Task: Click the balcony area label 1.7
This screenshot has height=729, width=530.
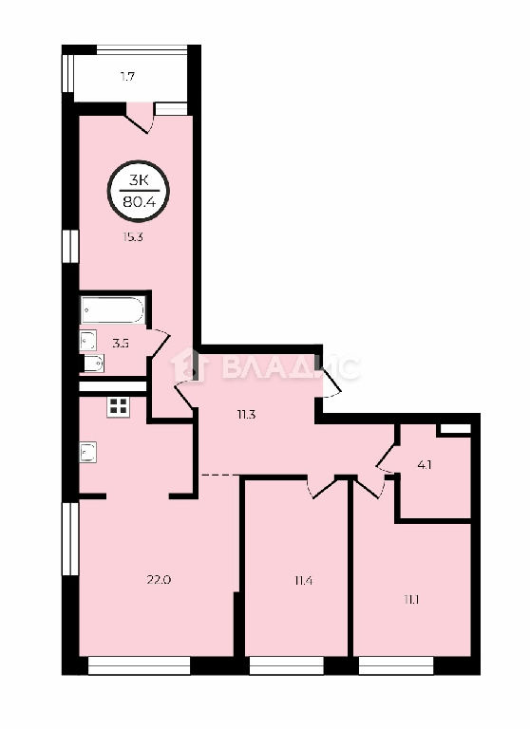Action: click(x=127, y=77)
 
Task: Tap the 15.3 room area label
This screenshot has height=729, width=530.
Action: click(x=133, y=236)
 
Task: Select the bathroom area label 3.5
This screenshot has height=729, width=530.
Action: click(x=121, y=344)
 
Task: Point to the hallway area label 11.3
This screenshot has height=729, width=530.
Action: click(x=246, y=414)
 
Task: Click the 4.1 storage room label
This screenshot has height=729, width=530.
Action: click(x=425, y=464)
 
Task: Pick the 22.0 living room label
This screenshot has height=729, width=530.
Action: click(x=160, y=580)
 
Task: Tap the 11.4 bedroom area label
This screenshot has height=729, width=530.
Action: click(x=302, y=580)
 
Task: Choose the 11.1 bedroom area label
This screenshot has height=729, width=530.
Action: click(x=411, y=600)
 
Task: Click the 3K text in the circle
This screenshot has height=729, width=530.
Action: click(x=139, y=180)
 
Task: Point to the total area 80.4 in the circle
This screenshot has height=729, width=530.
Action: click(x=139, y=202)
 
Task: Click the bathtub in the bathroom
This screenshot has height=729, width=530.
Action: click(x=112, y=309)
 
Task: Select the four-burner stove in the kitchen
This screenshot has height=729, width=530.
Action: click(x=118, y=407)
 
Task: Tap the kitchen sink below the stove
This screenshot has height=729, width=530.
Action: click(x=88, y=453)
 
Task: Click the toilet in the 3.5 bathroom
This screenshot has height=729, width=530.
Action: click(x=92, y=364)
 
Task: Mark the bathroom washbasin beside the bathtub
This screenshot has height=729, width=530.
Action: click(x=88, y=340)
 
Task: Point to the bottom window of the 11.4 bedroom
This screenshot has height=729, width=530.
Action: click(x=286, y=665)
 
